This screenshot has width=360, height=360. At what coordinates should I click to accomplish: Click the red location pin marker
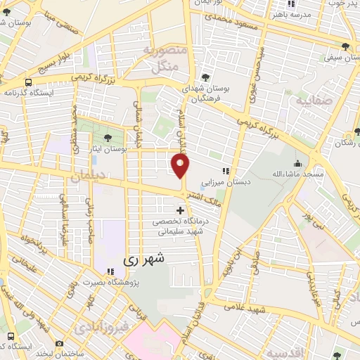pos(181,166)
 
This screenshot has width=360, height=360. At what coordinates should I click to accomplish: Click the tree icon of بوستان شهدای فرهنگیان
pos(205,77)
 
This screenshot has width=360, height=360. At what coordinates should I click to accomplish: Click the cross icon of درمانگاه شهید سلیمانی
pos(181,210)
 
